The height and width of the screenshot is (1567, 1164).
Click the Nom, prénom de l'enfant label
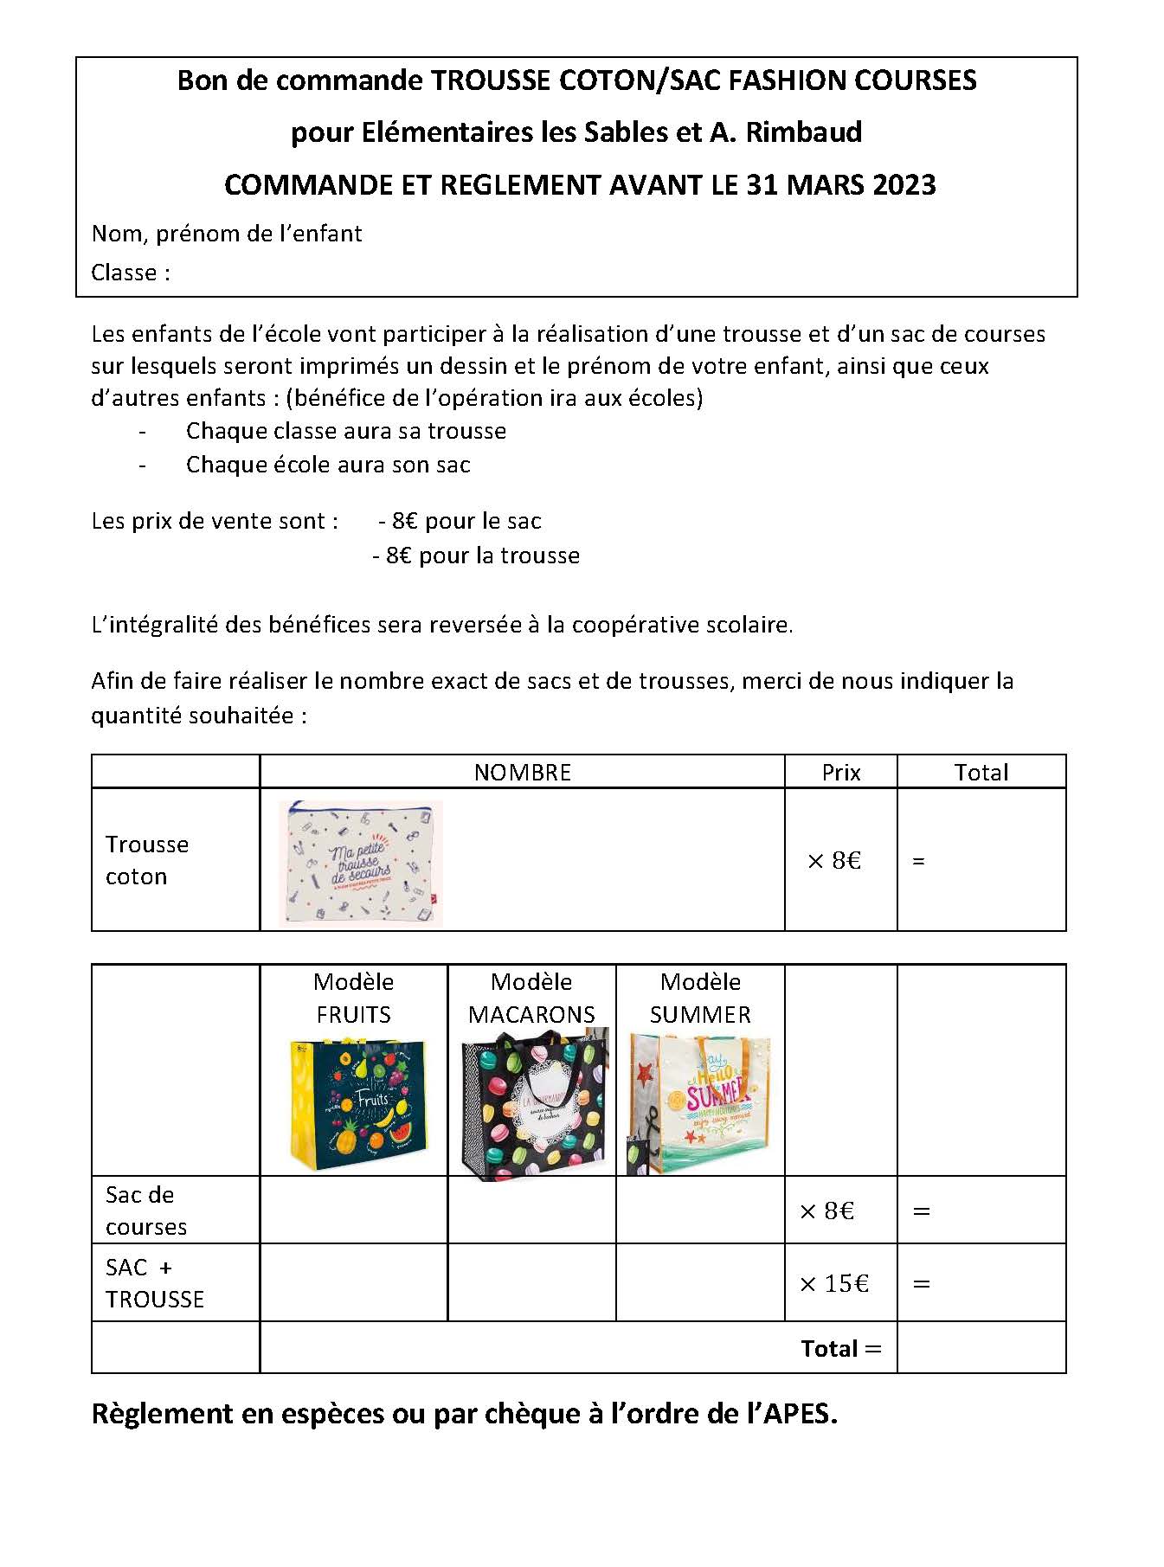[x=227, y=234]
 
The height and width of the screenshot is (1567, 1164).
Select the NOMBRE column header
[x=522, y=773]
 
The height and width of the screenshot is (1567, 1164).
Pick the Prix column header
[x=840, y=773]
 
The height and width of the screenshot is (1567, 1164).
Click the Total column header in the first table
[x=981, y=773]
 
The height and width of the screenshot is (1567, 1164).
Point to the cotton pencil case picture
[x=362, y=862]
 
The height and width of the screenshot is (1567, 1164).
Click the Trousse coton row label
[x=146, y=860]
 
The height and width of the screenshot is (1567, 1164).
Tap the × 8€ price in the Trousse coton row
[x=834, y=861]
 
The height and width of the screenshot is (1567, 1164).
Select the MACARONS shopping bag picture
[x=533, y=1103]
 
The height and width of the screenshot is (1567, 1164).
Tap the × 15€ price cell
[x=834, y=1283]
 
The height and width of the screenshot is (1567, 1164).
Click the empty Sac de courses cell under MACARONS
[x=531, y=1210]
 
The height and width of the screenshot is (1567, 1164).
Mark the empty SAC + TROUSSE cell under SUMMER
[x=700, y=1282]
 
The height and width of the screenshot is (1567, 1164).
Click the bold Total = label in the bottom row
[x=840, y=1348]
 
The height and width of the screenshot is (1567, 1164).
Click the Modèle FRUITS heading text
[x=353, y=998]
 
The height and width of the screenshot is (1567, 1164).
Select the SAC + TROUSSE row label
[x=154, y=1283]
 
